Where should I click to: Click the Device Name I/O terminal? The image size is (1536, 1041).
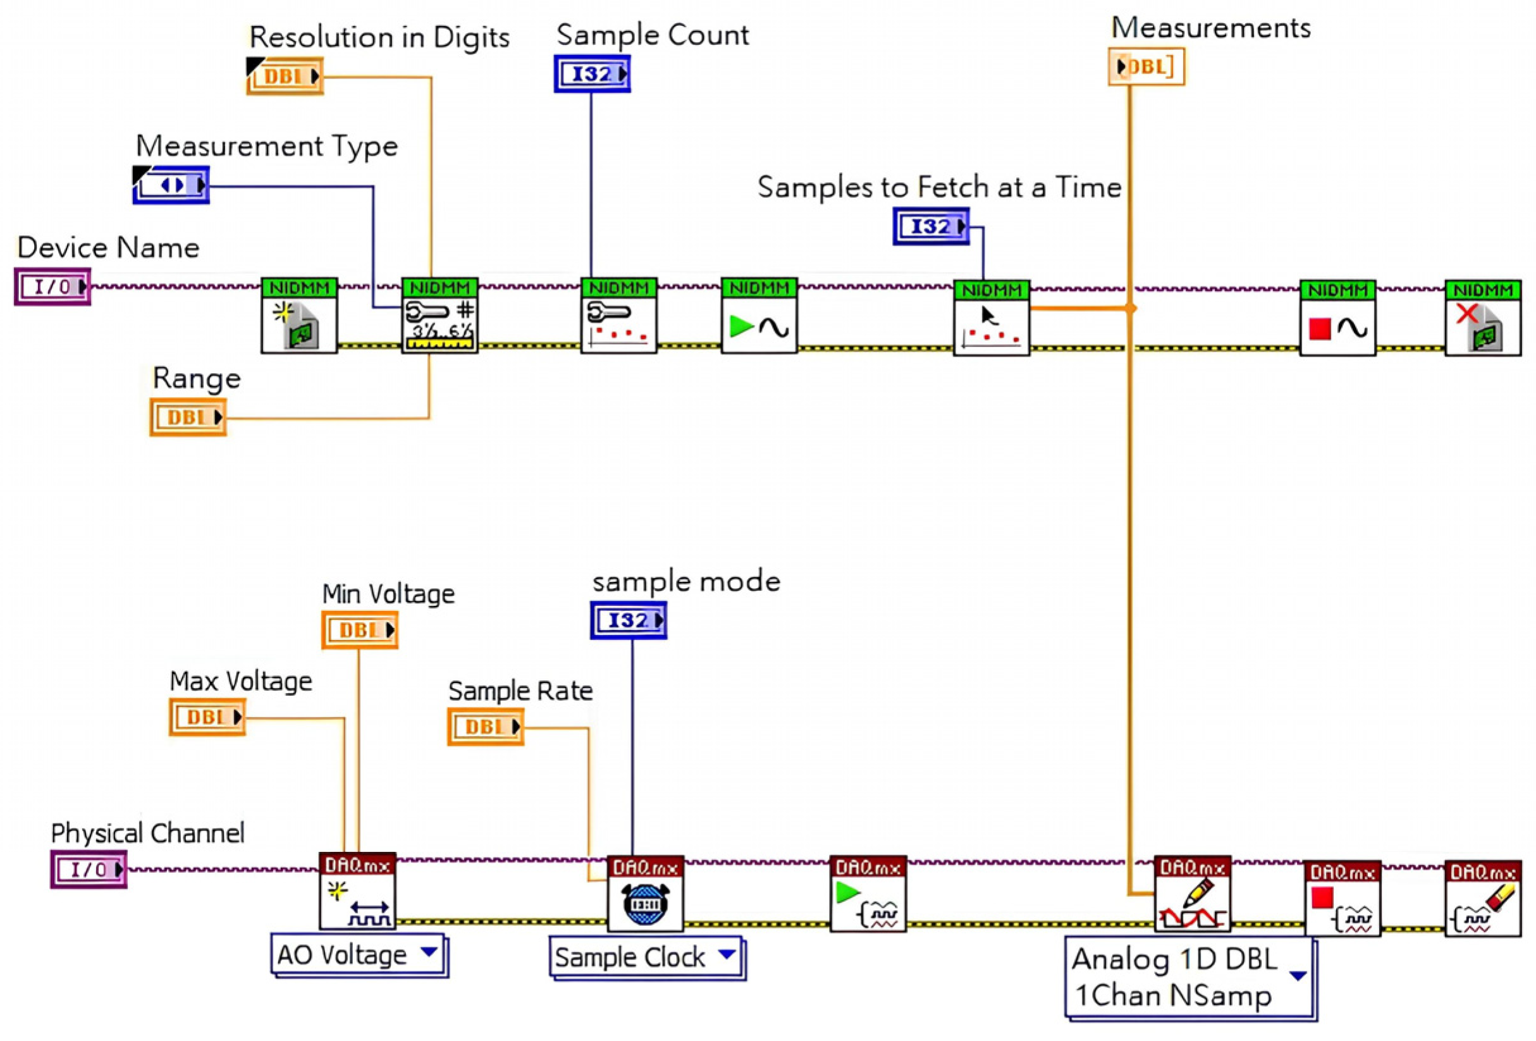click(52, 287)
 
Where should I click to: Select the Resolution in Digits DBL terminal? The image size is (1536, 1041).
click(285, 77)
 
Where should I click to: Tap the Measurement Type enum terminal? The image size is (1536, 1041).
click(171, 185)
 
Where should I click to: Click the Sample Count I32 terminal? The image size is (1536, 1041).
click(592, 74)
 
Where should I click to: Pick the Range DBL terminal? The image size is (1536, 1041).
click(188, 417)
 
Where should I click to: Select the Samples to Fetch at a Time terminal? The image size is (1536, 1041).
click(931, 226)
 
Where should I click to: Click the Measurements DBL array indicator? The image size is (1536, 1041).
click(1146, 67)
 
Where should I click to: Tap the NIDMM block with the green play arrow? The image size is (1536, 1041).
click(759, 316)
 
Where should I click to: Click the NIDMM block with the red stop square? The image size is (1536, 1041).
click(1337, 318)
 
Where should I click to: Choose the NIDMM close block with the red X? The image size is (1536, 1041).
click(1482, 318)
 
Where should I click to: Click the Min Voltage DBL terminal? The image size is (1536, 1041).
click(360, 630)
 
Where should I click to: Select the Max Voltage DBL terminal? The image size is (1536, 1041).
click(207, 717)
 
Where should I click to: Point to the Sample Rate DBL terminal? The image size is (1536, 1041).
click(486, 727)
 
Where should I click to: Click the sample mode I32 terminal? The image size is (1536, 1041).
click(629, 620)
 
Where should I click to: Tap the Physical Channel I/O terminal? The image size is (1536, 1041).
click(89, 869)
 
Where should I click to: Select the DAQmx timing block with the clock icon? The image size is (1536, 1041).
click(645, 894)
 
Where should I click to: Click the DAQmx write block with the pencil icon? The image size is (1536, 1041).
click(1193, 894)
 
